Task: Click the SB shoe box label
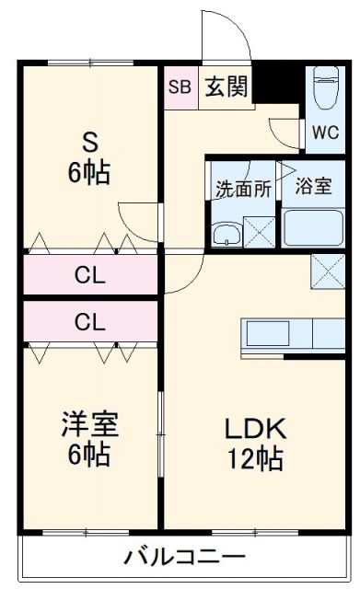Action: click(179, 88)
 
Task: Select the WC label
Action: click(324, 131)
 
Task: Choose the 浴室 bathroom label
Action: click(314, 185)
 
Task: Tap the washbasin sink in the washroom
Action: click(225, 234)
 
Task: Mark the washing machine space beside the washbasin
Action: click(260, 230)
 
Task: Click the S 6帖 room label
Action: click(89, 158)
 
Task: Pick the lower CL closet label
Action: click(89, 321)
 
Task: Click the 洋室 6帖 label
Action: click(89, 438)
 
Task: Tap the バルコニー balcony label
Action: click(184, 557)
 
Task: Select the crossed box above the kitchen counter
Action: click(328, 271)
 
